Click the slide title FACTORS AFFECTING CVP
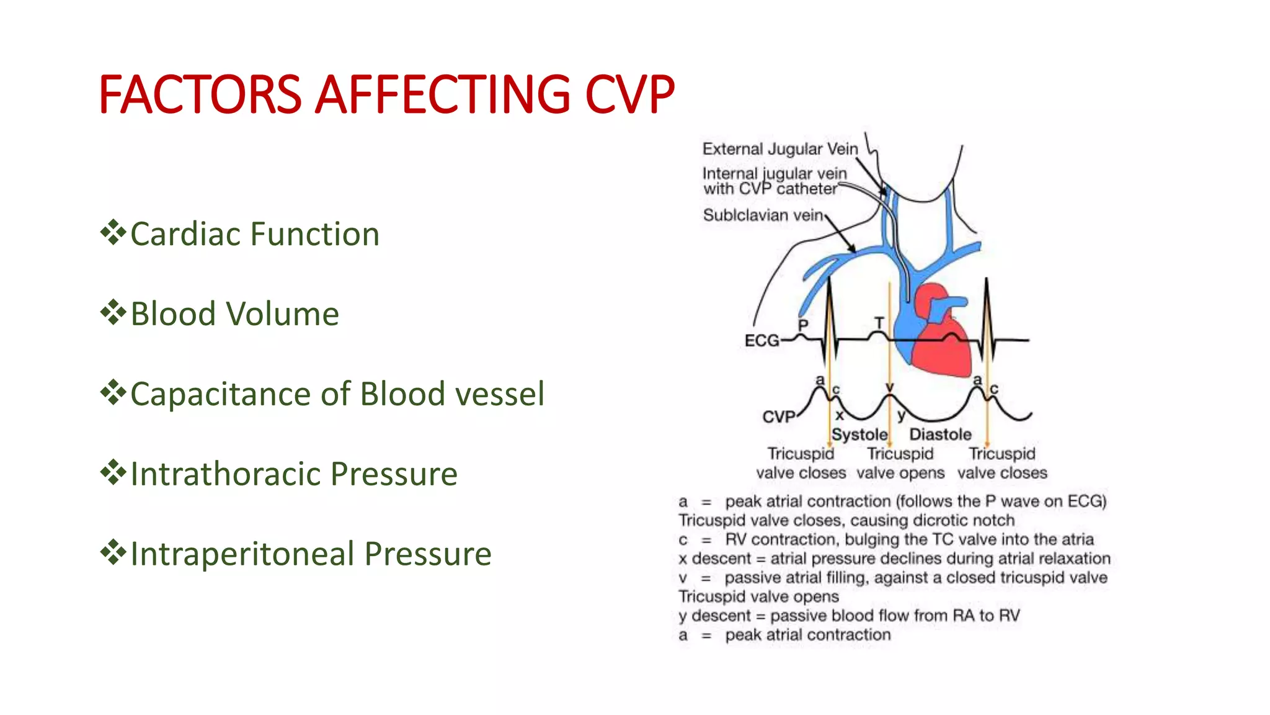[386, 94]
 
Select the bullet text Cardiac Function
[254, 234]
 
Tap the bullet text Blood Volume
[234, 313]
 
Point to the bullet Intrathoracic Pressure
[294, 474]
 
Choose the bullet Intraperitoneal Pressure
[311, 554]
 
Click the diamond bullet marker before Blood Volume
[113, 312]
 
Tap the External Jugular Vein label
[779, 149]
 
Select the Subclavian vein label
[763, 215]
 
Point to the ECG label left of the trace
[762, 340]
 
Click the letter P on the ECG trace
[803, 325]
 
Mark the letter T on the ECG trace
[879, 323]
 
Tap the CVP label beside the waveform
[778, 416]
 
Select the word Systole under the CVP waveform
[859, 434]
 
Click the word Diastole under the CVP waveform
[940, 434]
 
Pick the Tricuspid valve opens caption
[900, 463]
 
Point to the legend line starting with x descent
[894, 559]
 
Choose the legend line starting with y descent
[848, 616]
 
